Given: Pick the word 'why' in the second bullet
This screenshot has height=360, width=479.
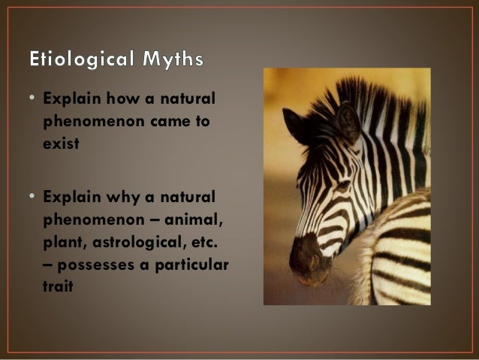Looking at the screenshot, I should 110,198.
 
